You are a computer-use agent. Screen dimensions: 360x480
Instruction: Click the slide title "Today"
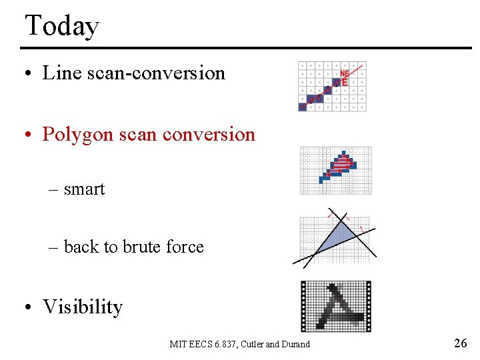click(61, 26)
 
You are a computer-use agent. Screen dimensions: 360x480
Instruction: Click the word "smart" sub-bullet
click(84, 189)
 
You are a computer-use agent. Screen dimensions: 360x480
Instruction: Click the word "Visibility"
click(83, 307)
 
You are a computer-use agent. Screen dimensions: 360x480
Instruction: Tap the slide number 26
click(460, 343)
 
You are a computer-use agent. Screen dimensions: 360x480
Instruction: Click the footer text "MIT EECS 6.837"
click(201, 344)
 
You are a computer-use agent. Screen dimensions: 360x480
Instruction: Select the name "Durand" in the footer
click(295, 344)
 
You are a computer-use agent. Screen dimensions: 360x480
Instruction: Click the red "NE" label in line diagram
click(345, 73)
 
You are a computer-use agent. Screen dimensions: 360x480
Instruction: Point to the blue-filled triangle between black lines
click(336, 236)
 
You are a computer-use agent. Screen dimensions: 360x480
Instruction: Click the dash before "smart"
click(54, 190)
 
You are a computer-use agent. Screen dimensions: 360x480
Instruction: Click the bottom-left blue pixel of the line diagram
click(303, 107)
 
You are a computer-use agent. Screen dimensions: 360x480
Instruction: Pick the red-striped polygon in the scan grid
click(342, 163)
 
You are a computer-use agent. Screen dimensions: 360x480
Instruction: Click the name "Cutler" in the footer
click(251, 344)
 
